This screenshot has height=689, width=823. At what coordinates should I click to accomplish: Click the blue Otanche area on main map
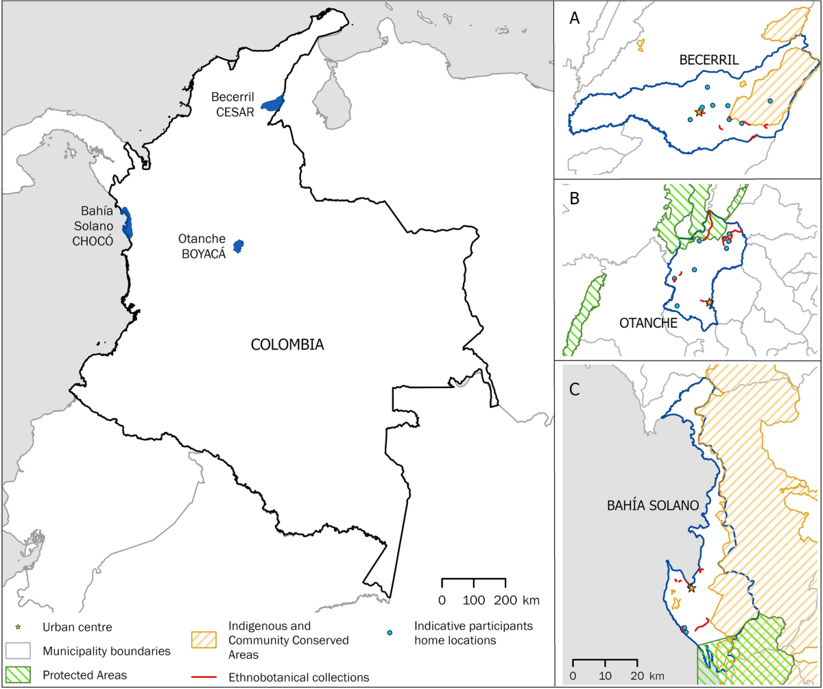coord(239,246)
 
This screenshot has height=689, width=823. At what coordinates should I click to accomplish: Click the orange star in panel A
coord(699,112)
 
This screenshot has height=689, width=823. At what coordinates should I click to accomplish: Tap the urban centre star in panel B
coord(709,302)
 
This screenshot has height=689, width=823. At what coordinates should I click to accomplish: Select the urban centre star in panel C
coord(691,588)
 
